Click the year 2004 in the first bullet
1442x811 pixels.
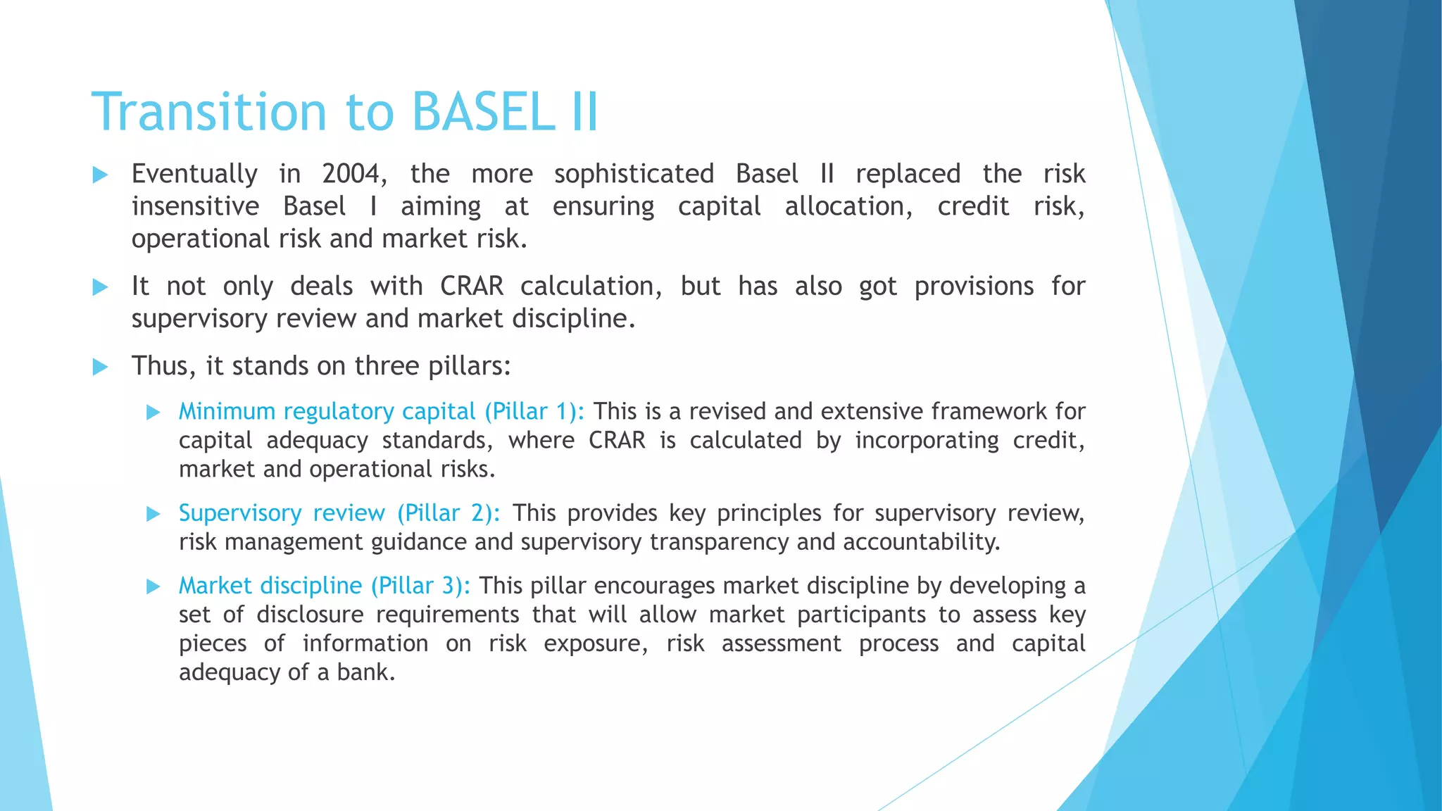pos(353,174)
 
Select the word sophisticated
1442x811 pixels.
pos(634,174)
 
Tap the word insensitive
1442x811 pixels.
pos(195,206)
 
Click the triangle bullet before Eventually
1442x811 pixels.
pos(100,175)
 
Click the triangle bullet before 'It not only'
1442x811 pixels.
pos(100,287)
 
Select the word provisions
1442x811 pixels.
pos(974,287)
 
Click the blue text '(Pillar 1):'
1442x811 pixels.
pos(534,411)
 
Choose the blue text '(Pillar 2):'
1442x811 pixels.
pos(449,513)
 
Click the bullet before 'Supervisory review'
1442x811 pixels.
pos(153,514)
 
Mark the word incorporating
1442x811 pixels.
pos(927,441)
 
